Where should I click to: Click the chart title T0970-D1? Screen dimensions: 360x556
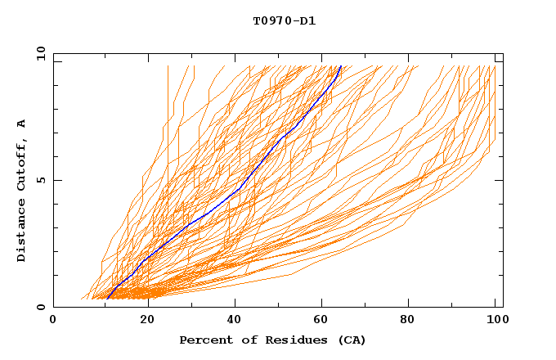[x=284, y=20]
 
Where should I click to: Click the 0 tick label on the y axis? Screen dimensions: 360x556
[x=41, y=307]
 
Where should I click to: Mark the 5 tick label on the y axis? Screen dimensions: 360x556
[x=41, y=180]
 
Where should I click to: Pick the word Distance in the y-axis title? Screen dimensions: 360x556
[x=21, y=229]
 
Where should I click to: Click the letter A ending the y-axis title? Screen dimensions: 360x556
[x=21, y=123]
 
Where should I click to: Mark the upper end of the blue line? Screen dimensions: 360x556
[x=340, y=66]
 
